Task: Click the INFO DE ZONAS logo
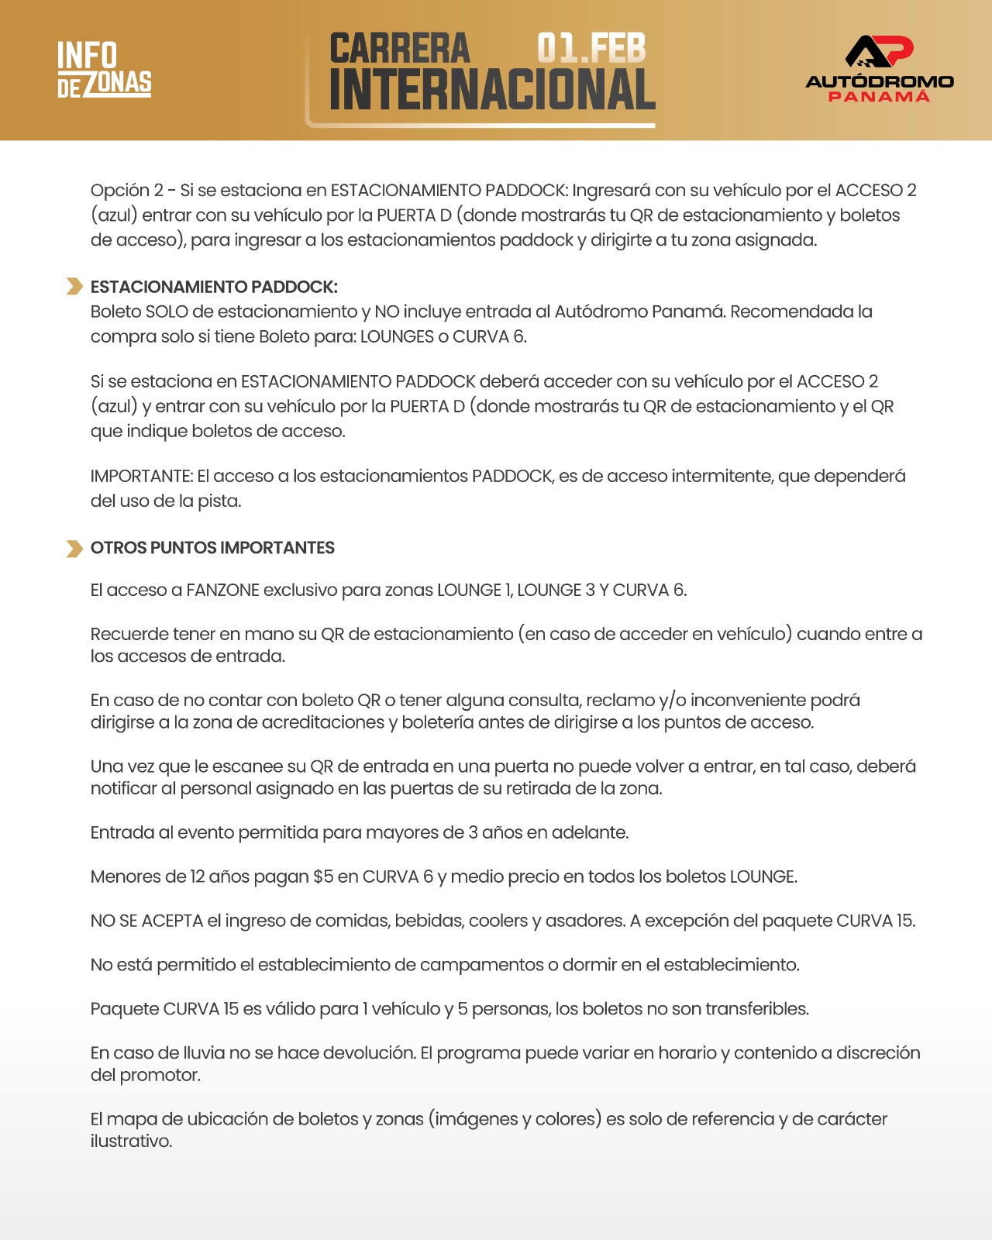(104, 70)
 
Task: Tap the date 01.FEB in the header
(591, 48)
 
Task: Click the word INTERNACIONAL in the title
(492, 90)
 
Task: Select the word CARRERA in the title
(400, 48)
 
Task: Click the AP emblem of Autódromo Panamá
(879, 52)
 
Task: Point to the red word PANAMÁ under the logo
(879, 96)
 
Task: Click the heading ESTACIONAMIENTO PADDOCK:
(214, 287)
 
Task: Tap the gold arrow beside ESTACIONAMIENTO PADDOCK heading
(74, 287)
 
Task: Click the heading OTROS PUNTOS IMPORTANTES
(212, 548)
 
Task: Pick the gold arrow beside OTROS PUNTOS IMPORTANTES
(74, 549)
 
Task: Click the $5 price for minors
(323, 877)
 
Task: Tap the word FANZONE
(222, 590)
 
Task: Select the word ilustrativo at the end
(129, 1142)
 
